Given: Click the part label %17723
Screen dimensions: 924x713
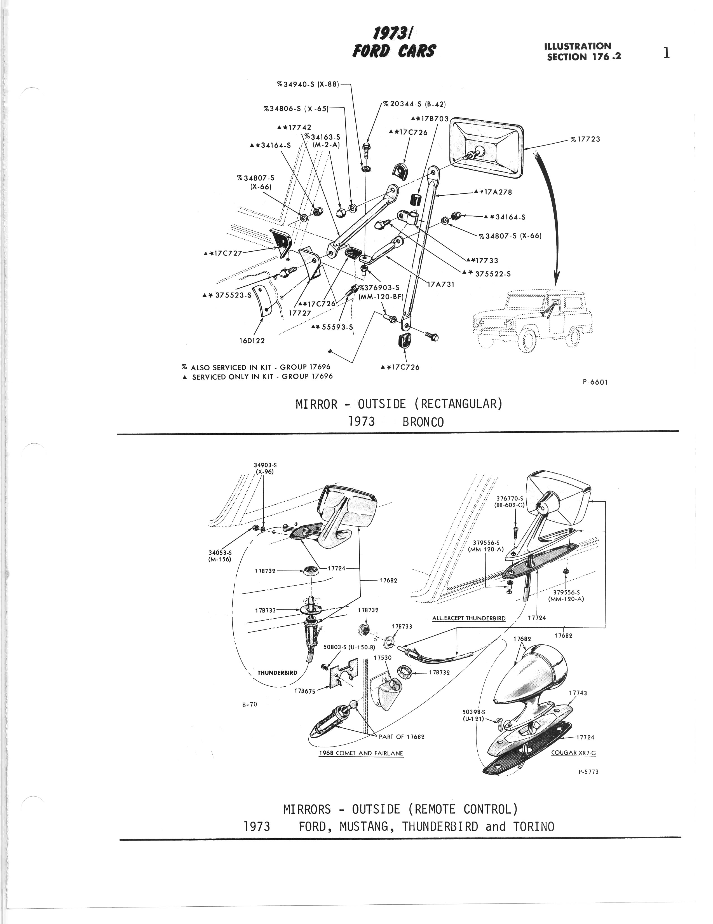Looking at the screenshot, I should pos(585,139).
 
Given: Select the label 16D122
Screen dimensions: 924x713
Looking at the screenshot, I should pos(252,340).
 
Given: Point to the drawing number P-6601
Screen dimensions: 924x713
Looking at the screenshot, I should pos(595,382).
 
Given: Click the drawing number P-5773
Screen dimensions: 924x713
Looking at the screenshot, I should pos(588,771).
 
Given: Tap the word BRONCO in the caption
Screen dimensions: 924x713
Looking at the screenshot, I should pos(423,422).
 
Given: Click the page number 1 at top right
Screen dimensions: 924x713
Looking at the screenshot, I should pos(667,53).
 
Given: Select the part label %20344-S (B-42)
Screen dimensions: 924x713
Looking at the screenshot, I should pos(414,104).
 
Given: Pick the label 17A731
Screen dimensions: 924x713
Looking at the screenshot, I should pos(441,284).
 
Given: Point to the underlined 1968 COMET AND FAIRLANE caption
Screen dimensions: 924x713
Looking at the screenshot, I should pos(361,753).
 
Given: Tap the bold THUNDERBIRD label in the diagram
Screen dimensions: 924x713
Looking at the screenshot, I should pos(277,673).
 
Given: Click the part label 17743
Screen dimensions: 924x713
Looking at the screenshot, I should pos(578,693).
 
